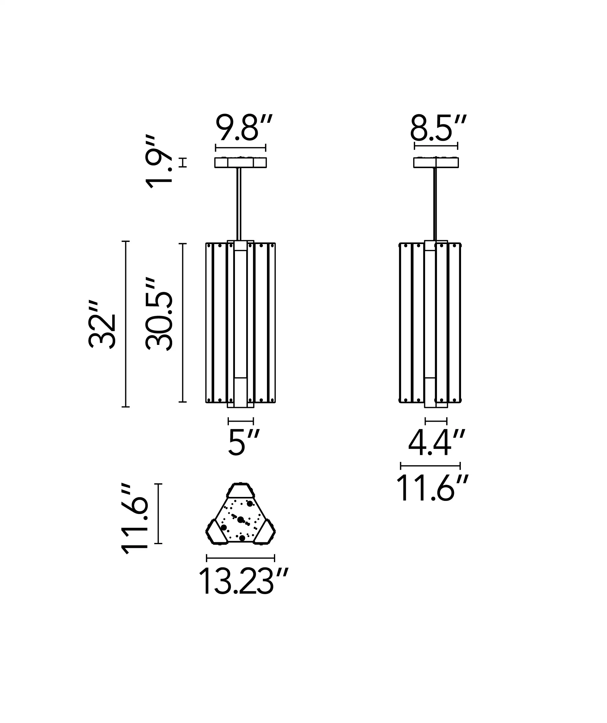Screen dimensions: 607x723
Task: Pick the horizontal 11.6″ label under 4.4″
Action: [432, 488]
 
